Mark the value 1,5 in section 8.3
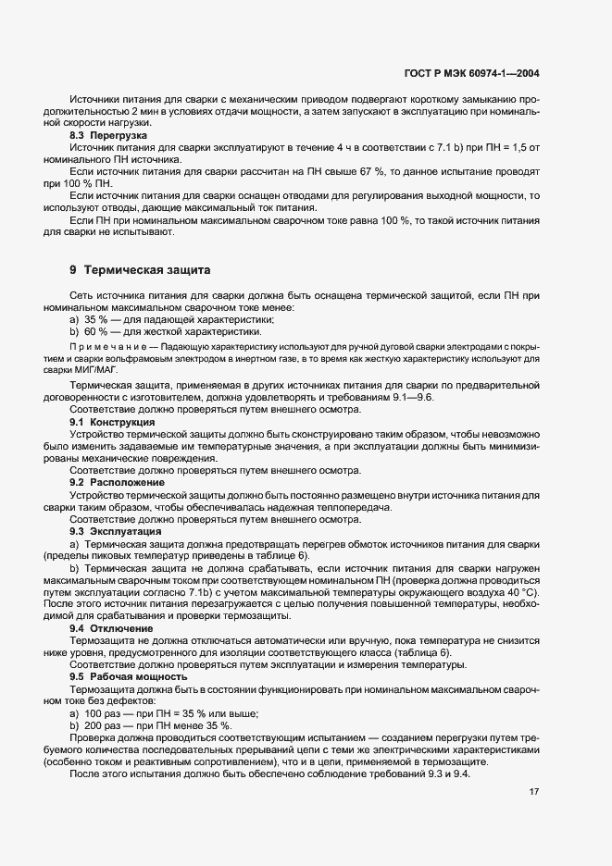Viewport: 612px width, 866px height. click(514, 148)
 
